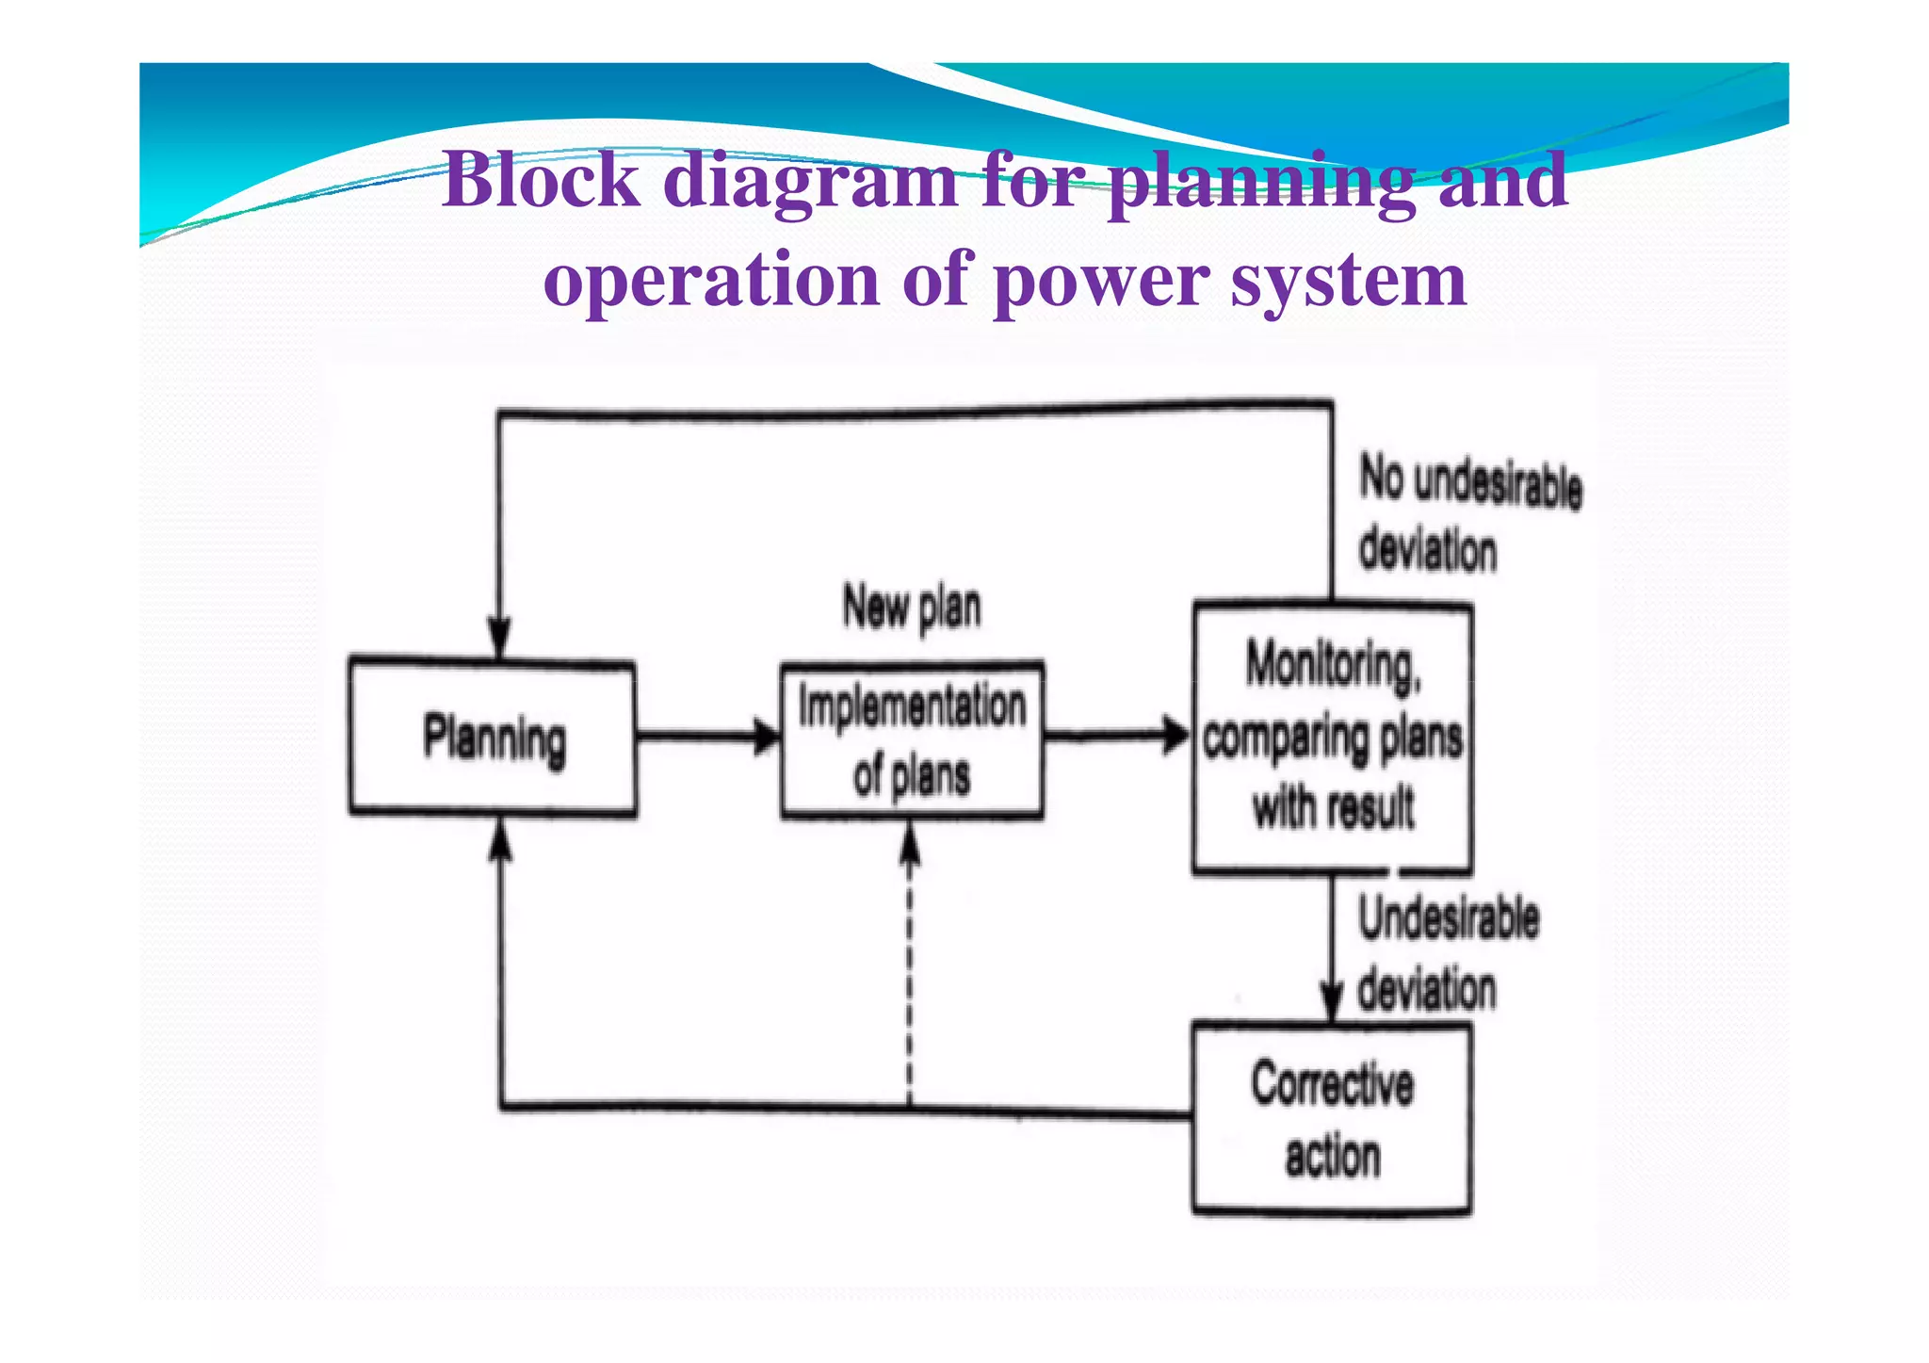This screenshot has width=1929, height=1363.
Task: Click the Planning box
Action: [492, 738]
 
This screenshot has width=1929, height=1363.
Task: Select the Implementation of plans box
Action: [911, 740]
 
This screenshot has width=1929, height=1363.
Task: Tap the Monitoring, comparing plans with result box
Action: [1332, 738]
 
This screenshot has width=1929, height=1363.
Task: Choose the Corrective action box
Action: [1332, 1119]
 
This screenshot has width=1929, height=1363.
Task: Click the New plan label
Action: [911, 608]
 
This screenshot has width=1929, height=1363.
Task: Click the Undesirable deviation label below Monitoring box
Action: [1448, 953]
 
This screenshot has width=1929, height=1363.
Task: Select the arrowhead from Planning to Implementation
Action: [767, 736]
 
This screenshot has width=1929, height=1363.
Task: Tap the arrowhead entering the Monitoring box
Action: [1176, 735]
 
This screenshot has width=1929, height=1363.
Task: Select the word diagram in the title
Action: [811, 182]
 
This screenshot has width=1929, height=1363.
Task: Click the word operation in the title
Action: [711, 282]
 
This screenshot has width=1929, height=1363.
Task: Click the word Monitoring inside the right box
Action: [1332, 666]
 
